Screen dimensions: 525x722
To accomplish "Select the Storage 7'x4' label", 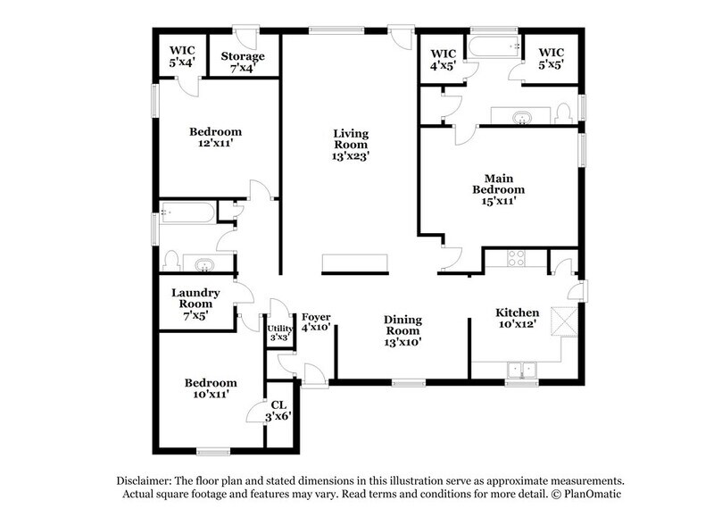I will point(243,62).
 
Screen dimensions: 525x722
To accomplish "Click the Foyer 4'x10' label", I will point(316,322).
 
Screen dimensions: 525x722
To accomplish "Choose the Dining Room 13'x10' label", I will point(402,329).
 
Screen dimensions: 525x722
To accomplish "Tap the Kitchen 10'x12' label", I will point(518,319).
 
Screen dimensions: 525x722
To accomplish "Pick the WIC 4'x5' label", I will point(443,59).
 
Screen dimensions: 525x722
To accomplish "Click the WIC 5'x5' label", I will point(549,59).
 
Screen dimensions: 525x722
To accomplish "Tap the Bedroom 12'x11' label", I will point(217,137).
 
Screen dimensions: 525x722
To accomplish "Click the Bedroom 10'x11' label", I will point(212,389).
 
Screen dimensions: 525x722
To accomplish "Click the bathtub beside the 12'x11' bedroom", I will point(187,213).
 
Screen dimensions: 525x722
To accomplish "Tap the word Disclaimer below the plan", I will point(145,479).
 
